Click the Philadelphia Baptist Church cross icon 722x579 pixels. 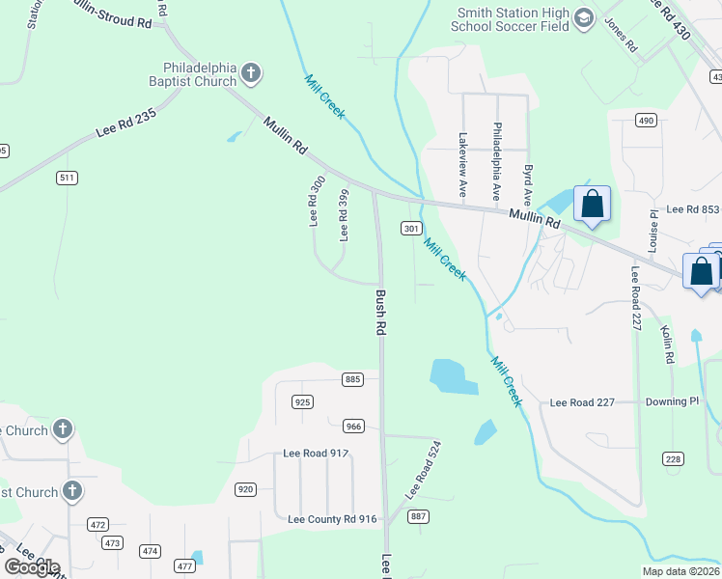click(x=250, y=72)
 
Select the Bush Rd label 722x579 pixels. click(x=381, y=313)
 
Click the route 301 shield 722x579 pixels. click(x=411, y=229)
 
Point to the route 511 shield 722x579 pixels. click(x=67, y=178)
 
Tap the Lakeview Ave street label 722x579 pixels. click(x=463, y=165)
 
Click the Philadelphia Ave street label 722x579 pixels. click(x=497, y=160)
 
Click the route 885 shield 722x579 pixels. click(x=352, y=379)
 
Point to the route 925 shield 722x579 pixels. click(x=303, y=400)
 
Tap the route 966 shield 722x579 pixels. click(x=353, y=425)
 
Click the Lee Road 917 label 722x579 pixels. click(x=316, y=453)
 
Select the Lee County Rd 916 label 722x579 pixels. click(x=332, y=519)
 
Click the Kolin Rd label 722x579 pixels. click(x=667, y=344)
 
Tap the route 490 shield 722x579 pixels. click(x=646, y=120)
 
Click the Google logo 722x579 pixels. click(x=32, y=567)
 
